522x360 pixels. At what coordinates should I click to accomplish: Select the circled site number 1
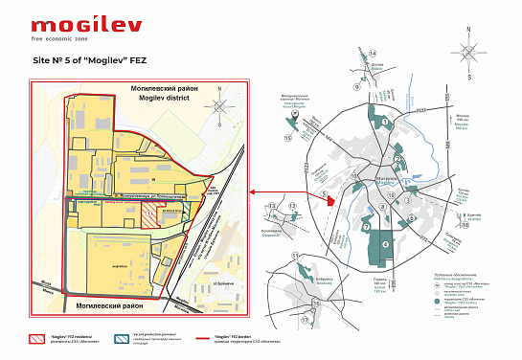(384, 122)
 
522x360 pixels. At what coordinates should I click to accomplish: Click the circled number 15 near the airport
(287, 137)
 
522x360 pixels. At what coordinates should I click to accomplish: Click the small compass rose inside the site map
(221, 106)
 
